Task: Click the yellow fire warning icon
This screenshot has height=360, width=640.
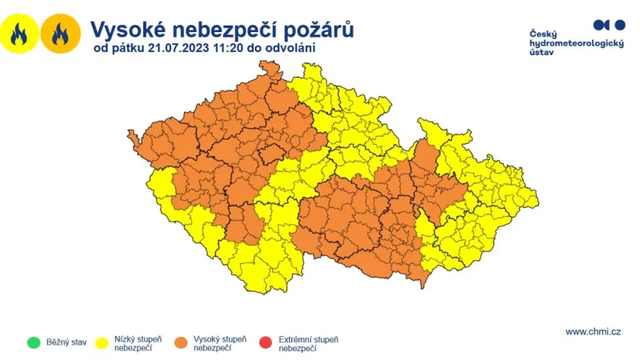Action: point(19,34)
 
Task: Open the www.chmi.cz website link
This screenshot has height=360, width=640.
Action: point(593,331)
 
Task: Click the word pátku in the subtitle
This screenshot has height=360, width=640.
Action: point(127,49)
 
